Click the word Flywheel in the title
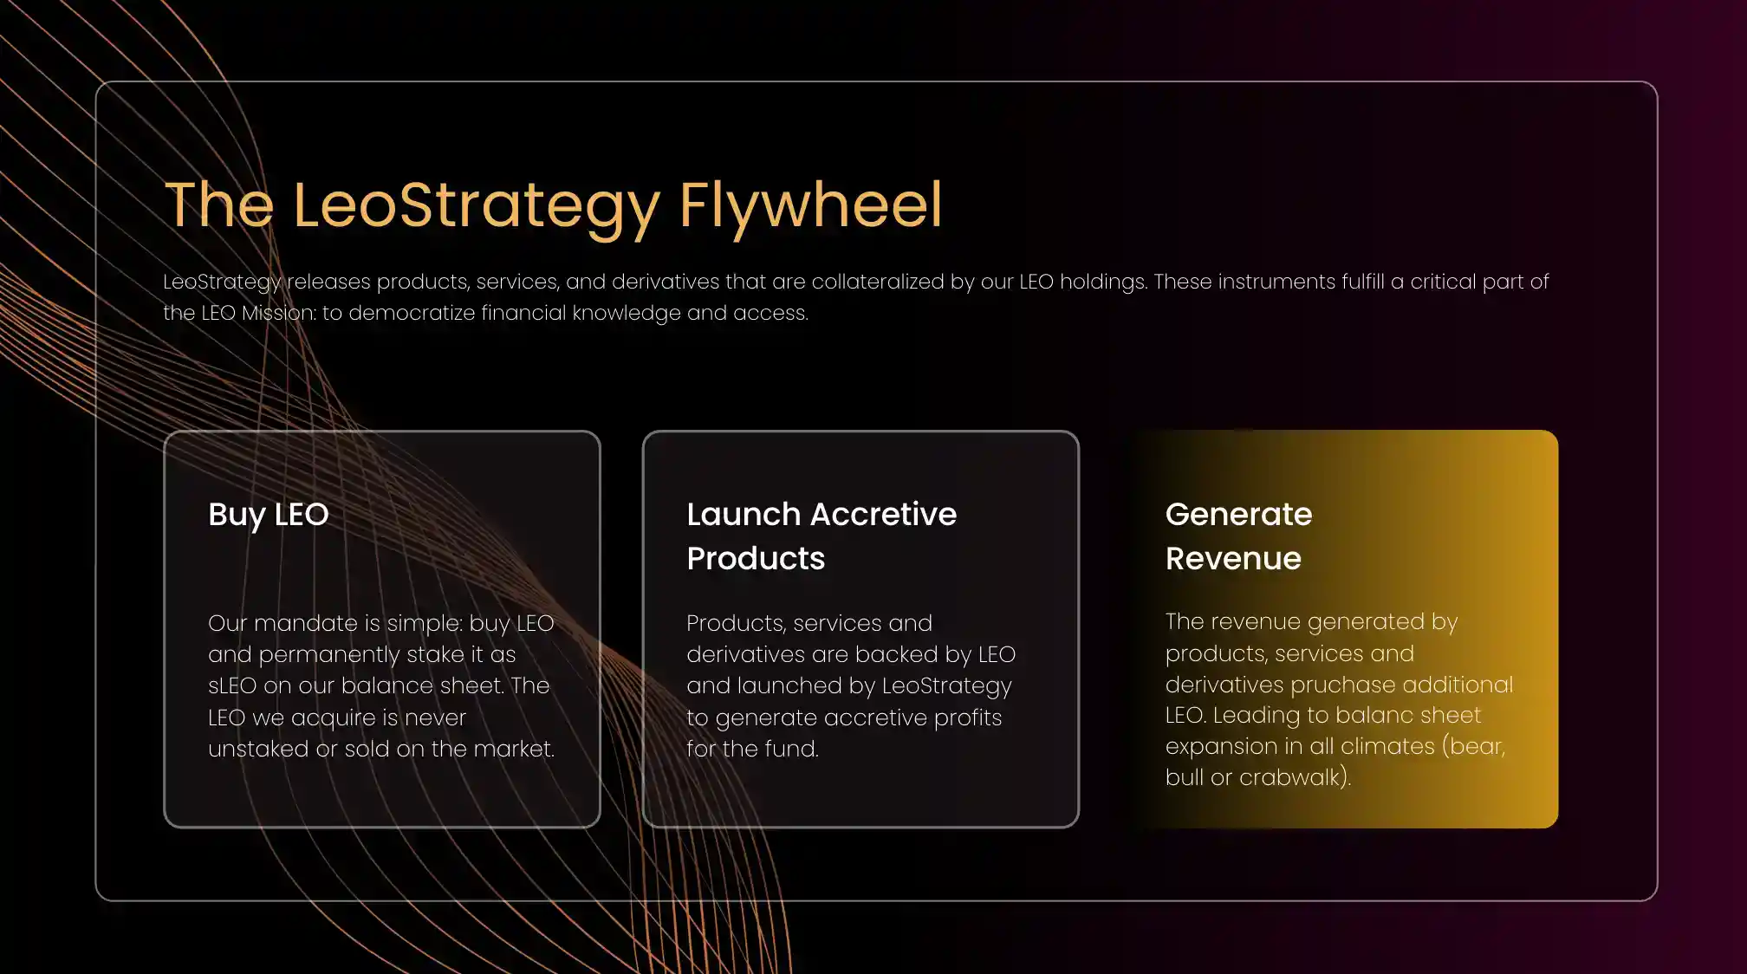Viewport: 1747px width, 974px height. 810,206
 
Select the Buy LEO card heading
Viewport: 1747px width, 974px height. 269,515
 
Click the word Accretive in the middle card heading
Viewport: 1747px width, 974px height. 882,514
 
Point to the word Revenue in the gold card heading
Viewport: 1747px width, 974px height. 1233,558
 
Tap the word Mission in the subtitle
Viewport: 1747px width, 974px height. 277,313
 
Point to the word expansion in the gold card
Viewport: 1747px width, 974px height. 1220,747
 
